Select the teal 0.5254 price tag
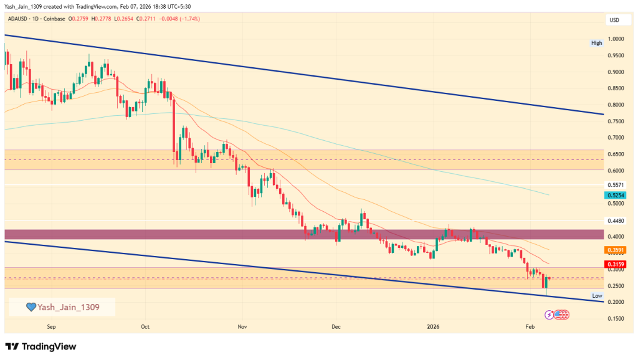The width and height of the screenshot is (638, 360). point(616,195)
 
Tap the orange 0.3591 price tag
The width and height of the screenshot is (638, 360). point(616,250)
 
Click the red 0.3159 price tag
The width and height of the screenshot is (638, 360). point(616,263)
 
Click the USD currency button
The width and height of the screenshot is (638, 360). point(614,21)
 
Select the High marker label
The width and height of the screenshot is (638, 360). point(597,43)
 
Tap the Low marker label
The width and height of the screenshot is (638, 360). point(597,296)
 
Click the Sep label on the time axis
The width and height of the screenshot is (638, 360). point(51,326)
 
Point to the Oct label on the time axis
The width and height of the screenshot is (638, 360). point(145,326)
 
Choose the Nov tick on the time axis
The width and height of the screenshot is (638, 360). point(242,326)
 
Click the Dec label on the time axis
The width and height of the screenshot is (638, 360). point(336,326)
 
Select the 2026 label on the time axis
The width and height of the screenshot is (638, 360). point(434,326)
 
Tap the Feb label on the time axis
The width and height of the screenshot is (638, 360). point(530,326)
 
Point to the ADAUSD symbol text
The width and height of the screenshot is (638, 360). point(19,19)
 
